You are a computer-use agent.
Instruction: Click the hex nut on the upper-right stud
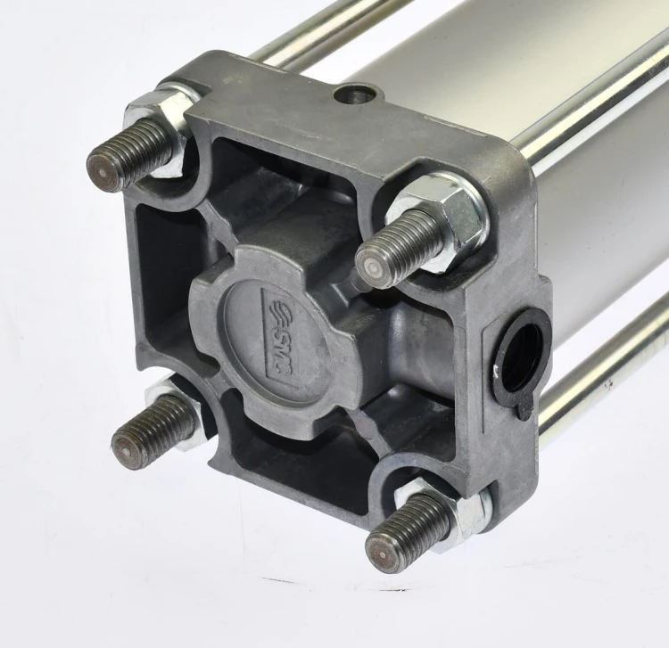[440, 222]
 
